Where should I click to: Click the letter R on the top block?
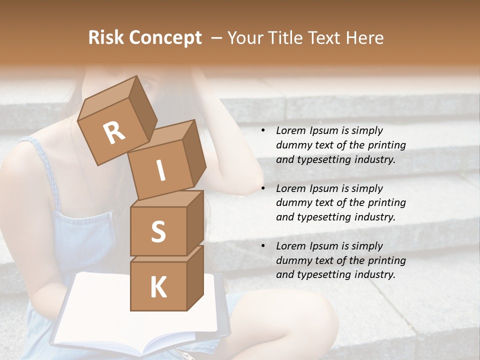coord(114,132)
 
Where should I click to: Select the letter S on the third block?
coord(158,231)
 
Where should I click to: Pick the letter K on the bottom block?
coord(158,287)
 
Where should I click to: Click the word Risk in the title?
coord(105,38)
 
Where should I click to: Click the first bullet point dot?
coord(263,131)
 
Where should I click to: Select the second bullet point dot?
coord(263,189)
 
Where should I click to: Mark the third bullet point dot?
coord(263,246)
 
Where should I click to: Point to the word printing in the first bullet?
coord(386,145)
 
